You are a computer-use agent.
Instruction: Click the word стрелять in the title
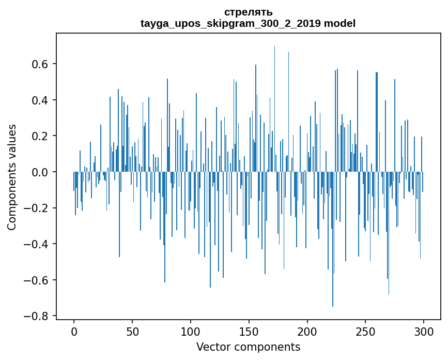[248, 12]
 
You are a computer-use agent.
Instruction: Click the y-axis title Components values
[12, 177]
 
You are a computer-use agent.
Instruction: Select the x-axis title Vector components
[248, 347]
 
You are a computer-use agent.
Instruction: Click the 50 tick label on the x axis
[132, 331]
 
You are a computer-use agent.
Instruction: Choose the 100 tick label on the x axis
[191, 331]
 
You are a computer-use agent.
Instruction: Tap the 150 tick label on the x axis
[249, 331]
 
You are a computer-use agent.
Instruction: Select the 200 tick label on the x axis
[307, 331]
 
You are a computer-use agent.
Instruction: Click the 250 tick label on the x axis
[366, 331]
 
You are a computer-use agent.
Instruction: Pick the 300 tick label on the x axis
[424, 331]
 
